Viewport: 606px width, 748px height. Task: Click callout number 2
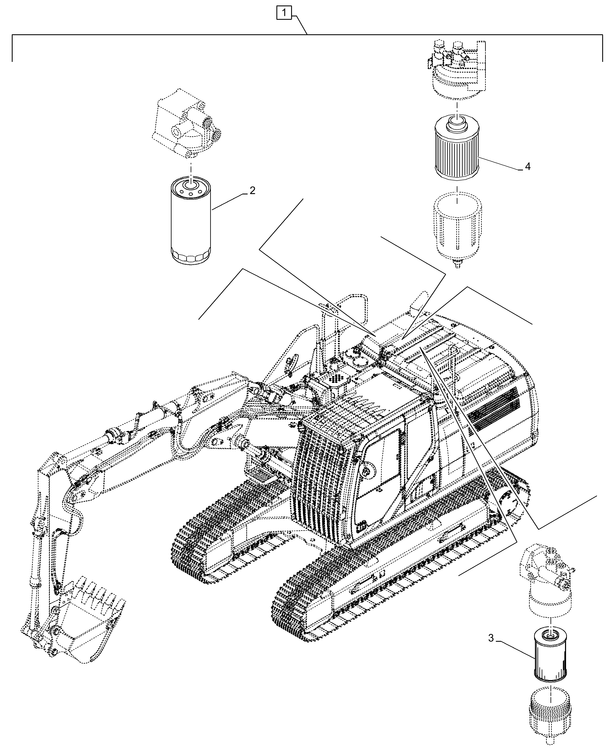coord(252,191)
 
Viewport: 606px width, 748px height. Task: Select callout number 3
coord(491,639)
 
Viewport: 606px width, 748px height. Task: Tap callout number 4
coord(527,167)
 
